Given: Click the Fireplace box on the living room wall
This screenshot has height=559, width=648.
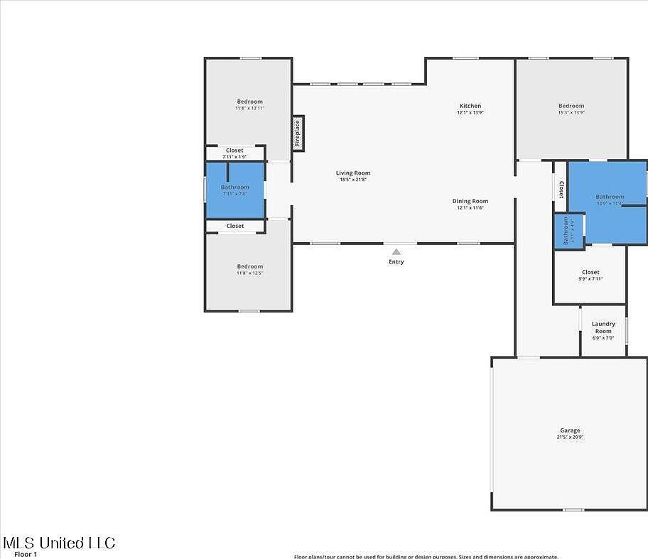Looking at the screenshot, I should [x=298, y=134].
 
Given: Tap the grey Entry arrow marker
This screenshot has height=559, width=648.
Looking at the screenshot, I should [x=396, y=251].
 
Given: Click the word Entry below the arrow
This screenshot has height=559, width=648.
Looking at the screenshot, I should [x=396, y=262].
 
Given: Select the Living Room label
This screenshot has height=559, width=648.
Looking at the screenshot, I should [x=353, y=173].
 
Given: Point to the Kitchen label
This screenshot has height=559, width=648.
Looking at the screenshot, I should [x=470, y=106].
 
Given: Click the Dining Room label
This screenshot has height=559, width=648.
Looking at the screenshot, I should [x=470, y=201].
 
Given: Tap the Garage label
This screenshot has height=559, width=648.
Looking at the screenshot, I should [x=570, y=430].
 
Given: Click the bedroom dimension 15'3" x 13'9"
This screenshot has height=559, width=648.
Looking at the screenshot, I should [x=571, y=112].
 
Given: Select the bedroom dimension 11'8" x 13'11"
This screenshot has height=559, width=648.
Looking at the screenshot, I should [x=249, y=108].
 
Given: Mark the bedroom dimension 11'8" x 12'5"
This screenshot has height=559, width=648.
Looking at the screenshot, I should [x=249, y=273].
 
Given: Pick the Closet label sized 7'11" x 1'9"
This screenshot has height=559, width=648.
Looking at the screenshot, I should [x=234, y=156].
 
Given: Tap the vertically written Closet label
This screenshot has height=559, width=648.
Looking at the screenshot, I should [x=561, y=189].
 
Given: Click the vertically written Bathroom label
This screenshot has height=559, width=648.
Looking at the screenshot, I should [x=566, y=231].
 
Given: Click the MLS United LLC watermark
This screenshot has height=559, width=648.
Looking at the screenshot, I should [x=59, y=543].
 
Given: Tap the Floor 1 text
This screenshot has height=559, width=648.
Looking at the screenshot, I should [x=26, y=554].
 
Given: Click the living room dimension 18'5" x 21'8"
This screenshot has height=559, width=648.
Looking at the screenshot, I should [x=353, y=180].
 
